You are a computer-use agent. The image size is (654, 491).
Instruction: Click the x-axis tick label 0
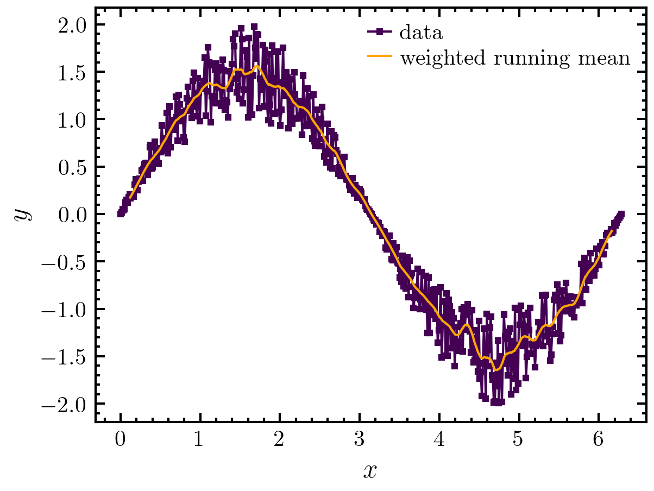120,440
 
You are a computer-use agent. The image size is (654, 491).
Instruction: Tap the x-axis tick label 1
200,440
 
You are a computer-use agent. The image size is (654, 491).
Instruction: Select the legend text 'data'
421,33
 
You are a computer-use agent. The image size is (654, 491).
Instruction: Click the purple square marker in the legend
379,32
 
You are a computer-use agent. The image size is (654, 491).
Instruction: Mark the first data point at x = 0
121,214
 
